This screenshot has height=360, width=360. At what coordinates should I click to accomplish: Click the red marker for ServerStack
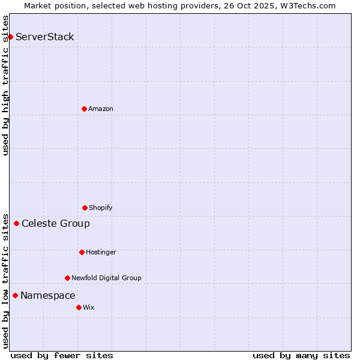[10, 37]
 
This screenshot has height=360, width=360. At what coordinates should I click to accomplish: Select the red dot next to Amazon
[84, 109]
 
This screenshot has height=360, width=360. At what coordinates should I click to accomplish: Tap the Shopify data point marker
[85, 208]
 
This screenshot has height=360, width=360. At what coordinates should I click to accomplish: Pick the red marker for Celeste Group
[16, 224]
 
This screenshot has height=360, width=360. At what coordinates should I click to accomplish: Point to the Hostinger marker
[82, 252]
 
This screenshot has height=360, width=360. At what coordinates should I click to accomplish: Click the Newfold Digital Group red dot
[67, 278]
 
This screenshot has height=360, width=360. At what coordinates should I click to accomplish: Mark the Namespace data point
[15, 295]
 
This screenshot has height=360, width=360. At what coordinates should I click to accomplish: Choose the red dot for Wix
[79, 307]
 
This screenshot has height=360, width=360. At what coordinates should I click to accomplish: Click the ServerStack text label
[45, 37]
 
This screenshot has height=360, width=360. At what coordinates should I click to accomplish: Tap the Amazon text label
[101, 109]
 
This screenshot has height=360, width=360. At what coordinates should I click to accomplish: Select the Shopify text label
[101, 208]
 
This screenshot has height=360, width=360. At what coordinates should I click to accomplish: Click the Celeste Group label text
[56, 224]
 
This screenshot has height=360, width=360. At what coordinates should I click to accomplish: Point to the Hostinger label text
[101, 252]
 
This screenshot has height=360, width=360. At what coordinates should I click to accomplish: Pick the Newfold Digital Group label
[106, 278]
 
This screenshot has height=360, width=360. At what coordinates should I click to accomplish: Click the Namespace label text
[48, 295]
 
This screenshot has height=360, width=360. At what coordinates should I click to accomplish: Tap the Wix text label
[89, 307]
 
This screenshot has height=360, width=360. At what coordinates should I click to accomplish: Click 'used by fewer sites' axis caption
[62, 355]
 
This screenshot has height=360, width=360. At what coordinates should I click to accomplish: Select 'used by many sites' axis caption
[301, 355]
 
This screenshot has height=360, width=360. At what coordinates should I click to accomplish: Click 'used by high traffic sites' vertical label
[5, 85]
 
